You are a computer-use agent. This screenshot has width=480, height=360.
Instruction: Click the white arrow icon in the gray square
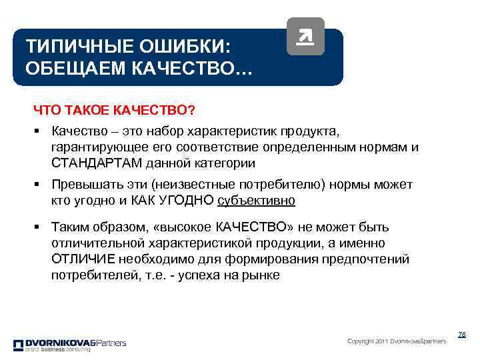305,37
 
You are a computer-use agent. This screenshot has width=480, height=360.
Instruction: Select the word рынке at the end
261,274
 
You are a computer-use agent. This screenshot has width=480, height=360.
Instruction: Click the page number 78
461,333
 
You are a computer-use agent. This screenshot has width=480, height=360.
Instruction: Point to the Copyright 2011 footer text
397,341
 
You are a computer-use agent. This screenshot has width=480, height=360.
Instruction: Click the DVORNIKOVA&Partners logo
69,345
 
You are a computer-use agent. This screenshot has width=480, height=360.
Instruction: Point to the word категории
229,163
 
